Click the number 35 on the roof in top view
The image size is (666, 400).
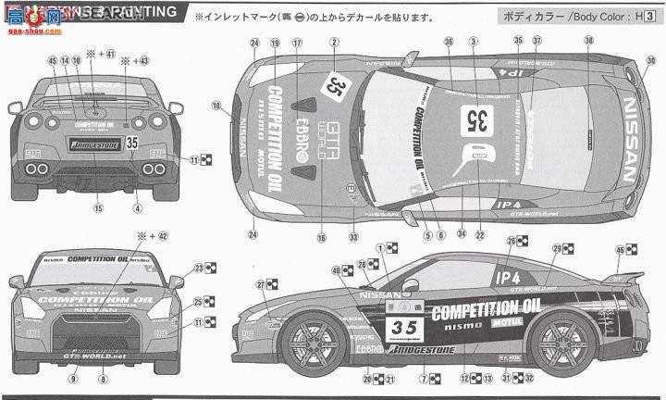pyautogui.click(x=478, y=118)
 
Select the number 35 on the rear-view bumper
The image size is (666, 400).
pyautogui.click(x=131, y=143)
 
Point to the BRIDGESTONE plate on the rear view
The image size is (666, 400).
pyautogui.click(x=85, y=144)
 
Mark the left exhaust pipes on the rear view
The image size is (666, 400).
pyautogui.click(x=38, y=169)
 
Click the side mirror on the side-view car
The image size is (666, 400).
pyautogui.click(x=410, y=284)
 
